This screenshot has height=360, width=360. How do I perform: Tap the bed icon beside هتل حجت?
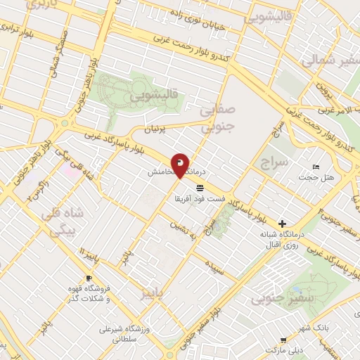pyautogui.click(x=315, y=166)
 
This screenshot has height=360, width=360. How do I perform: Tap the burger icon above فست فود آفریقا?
pyautogui.click(x=200, y=188)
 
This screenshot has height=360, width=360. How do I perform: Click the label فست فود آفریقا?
pyautogui.click(x=200, y=199)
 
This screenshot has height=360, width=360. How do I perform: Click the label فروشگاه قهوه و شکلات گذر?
pyautogui.click(x=89, y=293)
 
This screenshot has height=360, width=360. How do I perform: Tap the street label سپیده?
pyautogui.click(x=214, y=266)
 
